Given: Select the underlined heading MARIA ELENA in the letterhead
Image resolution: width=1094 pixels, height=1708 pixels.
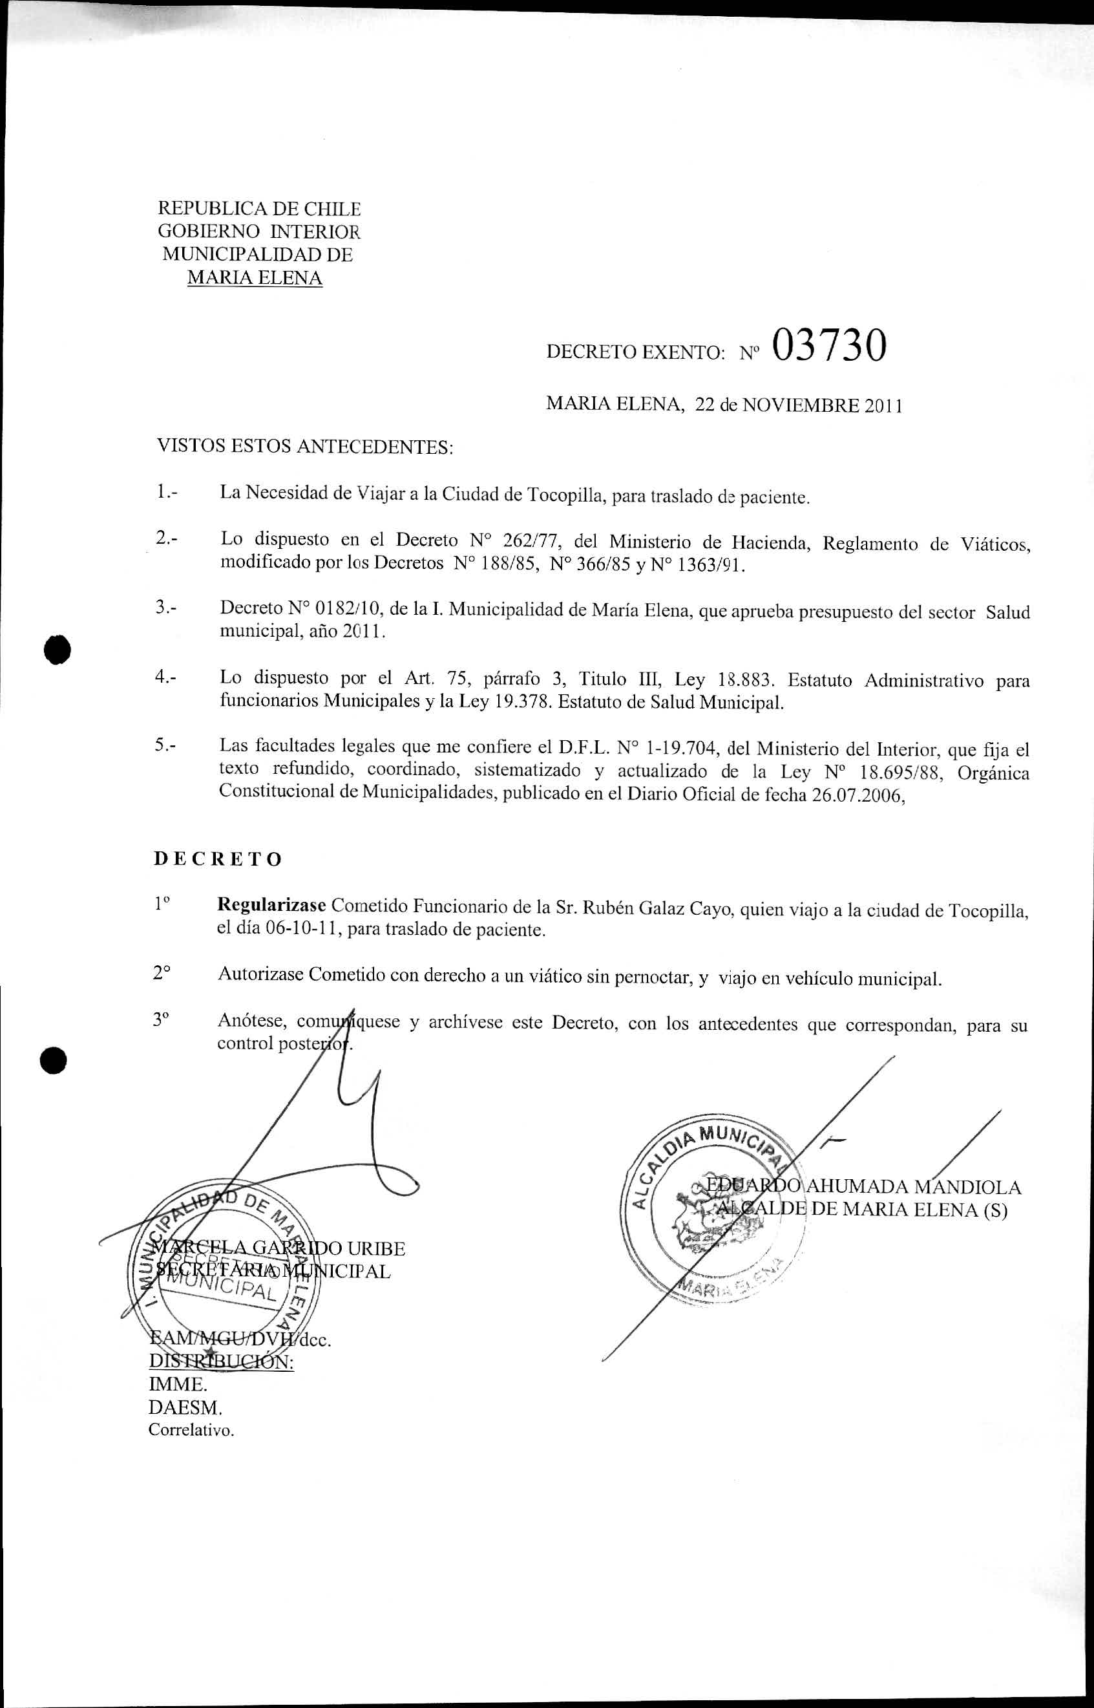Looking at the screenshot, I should (255, 278).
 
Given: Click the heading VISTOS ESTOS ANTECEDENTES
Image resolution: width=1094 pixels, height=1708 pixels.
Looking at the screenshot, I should (304, 446).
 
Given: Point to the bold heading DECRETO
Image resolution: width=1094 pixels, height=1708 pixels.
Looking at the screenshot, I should (218, 859).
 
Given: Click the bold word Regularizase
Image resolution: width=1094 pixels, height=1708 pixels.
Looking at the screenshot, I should (271, 906).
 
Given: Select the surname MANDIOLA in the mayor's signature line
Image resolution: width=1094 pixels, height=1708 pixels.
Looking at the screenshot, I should (967, 1187).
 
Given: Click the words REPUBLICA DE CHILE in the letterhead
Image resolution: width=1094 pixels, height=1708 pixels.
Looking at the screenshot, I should (258, 209).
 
